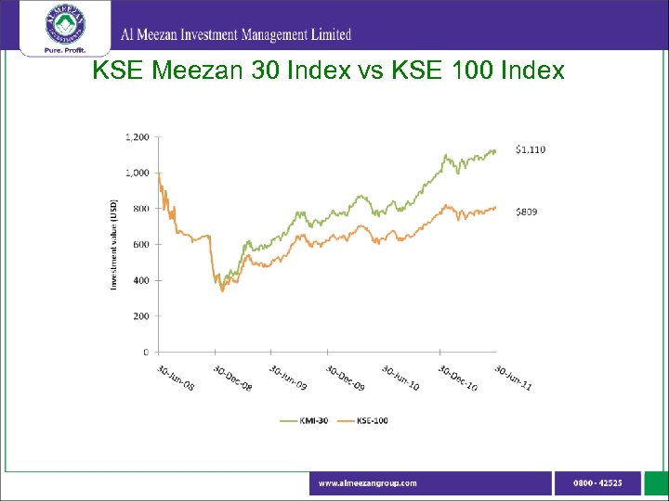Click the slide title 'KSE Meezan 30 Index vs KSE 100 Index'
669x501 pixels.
pos(328,71)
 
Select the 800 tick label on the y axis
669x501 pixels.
pos(139,209)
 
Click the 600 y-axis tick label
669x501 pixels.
pos(139,245)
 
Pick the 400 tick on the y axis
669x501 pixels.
pos(139,280)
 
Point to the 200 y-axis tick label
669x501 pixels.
pos(139,316)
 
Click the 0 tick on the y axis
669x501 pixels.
pos(146,353)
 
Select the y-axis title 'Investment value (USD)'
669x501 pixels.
pos(114,243)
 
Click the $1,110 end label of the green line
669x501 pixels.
pos(531,149)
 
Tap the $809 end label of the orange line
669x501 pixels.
pos(526,212)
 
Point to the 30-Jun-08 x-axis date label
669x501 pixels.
pos(175,377)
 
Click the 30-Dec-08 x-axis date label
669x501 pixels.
pos(231,377)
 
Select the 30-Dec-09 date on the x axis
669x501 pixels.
pos(345,377)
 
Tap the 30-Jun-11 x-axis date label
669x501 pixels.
pos(513,377)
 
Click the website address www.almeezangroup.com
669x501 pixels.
pos(368,483)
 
